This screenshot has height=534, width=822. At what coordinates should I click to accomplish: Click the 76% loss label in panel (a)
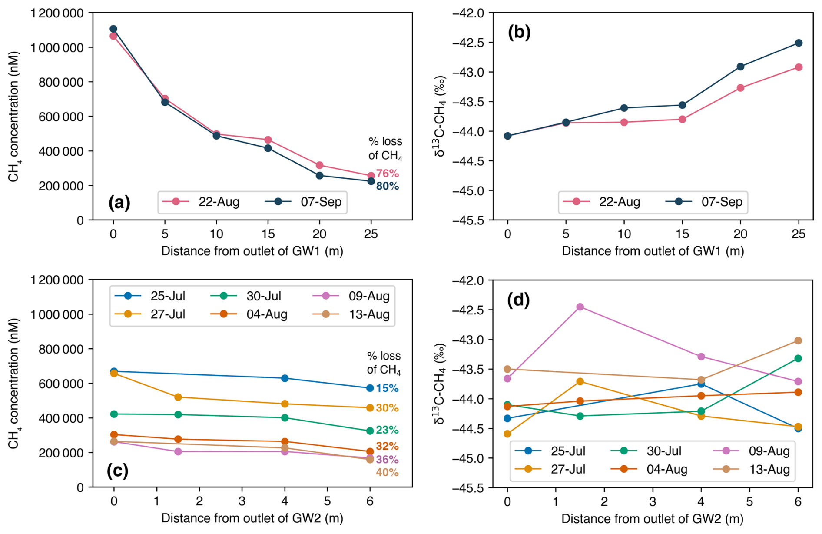pyautogui.click(x=387, y=174)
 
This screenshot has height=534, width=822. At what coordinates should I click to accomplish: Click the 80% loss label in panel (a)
pyautogui.click(x=387, y=186)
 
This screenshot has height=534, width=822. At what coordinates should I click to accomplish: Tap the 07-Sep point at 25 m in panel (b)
pyautogui.click(x=799, y=43)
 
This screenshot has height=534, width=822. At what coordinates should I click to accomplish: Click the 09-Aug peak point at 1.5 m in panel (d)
pyautogui.click(x=580, y=307)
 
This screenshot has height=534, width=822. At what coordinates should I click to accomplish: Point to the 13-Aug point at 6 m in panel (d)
pyautogui.click(x=798, y=340)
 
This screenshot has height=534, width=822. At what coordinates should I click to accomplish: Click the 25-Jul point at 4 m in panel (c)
pyautogui.click(x=285, y=378)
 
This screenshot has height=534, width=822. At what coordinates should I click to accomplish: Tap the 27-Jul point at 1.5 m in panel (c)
pyautogui.click(x=178, y=397)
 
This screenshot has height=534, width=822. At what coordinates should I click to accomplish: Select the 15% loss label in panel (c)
pyautogui.click(x=387, y=388)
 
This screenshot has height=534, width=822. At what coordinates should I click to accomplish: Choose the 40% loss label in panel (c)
pyautogui.click(x=387, y=472)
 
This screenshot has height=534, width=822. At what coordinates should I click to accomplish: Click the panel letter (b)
pyautogui.click(x=519, y=33)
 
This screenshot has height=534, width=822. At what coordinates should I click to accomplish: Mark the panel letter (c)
pyautogui.click(x=117, y=471)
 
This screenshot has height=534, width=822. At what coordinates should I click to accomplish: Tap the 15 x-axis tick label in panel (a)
pyautogui.click(x=268, y=234)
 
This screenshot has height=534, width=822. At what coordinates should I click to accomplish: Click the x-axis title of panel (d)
pyautogui.click(x=652, y=518)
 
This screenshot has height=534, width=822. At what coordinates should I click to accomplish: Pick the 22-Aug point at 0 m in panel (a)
pyautogui.click(x=113, y=36)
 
